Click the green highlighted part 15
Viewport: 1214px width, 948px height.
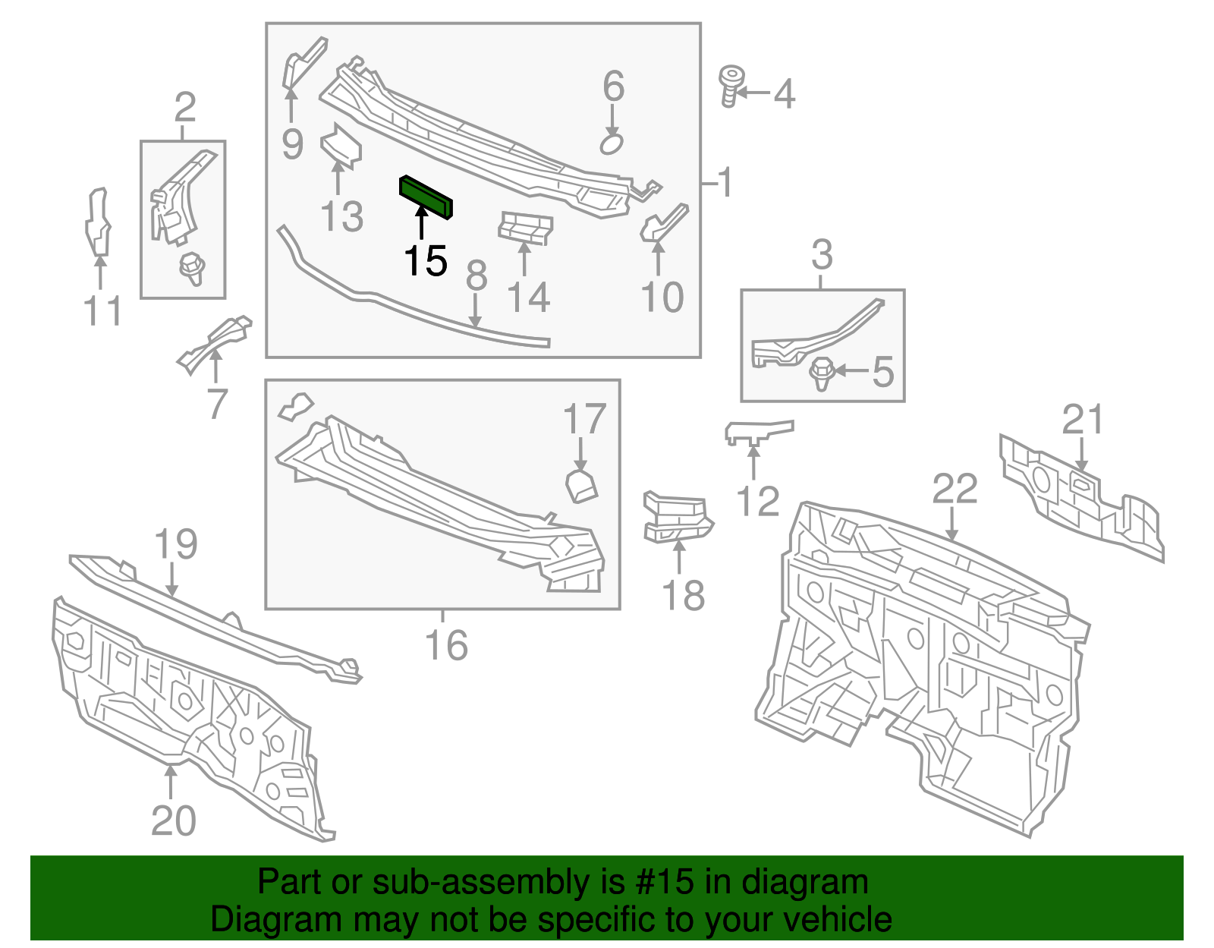point(426,197)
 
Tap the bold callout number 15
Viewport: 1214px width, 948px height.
point(426,262)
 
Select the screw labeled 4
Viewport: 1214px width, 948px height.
point(731,86)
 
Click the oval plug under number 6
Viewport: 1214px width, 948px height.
point(612,143)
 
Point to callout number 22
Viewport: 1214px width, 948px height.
point(955,490)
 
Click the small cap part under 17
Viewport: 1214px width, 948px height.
point(582,486)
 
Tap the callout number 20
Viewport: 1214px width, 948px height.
point(173,820)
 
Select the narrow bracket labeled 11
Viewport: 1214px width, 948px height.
point(97,222)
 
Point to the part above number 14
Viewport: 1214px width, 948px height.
point(525,228)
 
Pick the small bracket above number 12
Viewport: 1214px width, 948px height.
point(757,431)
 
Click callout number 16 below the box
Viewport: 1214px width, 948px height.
point(446,645)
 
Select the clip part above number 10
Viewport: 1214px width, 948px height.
point(664,224)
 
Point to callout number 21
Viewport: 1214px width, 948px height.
point(1082,420)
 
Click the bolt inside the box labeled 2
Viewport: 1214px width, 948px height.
point(192,268)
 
